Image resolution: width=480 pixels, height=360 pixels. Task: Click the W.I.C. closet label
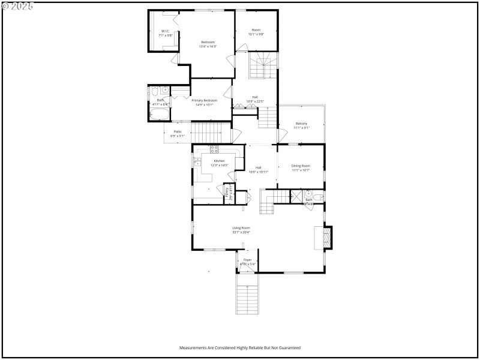click(166, 33)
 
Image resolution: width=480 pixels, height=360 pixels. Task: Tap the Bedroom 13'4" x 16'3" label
click(208, 44)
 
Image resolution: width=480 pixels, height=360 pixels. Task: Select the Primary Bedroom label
click(205, 103)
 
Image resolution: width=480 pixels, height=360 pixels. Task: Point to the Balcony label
click(301, 125)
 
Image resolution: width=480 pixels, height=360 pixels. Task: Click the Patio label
click(178, 133)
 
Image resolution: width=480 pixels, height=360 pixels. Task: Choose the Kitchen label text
click(219, 163)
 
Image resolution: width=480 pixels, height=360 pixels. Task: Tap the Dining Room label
click(301, 167)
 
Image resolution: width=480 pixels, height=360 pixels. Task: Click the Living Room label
click(241, 230)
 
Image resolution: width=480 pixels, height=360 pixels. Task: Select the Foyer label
click(247, 262)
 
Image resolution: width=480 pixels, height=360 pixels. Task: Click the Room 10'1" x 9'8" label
click(256, 32)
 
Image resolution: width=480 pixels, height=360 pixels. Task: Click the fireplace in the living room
click(326, 237)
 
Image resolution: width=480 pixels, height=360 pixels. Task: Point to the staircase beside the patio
click(211, 131)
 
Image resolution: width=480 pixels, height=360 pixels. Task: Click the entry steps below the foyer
click(247, 299)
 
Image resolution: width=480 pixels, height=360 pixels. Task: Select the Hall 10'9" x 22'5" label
click(255, 99)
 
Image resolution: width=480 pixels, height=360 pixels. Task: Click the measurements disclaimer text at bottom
click(240, 347)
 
